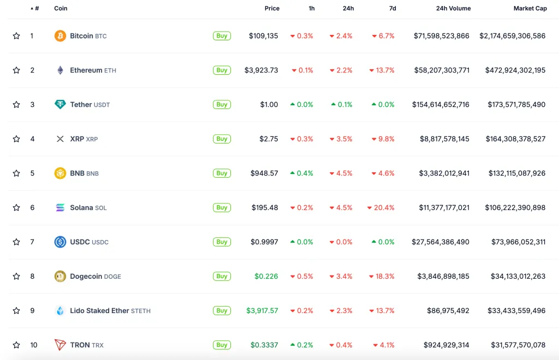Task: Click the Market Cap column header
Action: click(530, 8)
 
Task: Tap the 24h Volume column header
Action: click(453, 8)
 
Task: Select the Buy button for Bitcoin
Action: click(222, 36)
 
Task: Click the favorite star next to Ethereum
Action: click(16, 70)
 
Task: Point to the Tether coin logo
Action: click(60, 105)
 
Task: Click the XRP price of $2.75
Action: click(269, 139)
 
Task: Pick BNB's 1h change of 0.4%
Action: click(301, 173)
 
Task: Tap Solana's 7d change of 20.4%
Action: click(381, 208)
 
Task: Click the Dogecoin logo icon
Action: click(60, 277)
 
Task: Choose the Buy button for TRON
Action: click(222, 345)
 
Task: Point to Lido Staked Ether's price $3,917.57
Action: click(262, 311)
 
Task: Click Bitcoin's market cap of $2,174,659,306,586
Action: click(512, 36)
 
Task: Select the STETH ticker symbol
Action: click(140, 311)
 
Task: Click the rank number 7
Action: click(32, 242)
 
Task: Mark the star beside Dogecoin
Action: click(16, 277)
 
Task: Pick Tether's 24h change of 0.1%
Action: click(342, 105)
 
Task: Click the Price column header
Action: click(272, 8)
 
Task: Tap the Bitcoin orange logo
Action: click(60, 36)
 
